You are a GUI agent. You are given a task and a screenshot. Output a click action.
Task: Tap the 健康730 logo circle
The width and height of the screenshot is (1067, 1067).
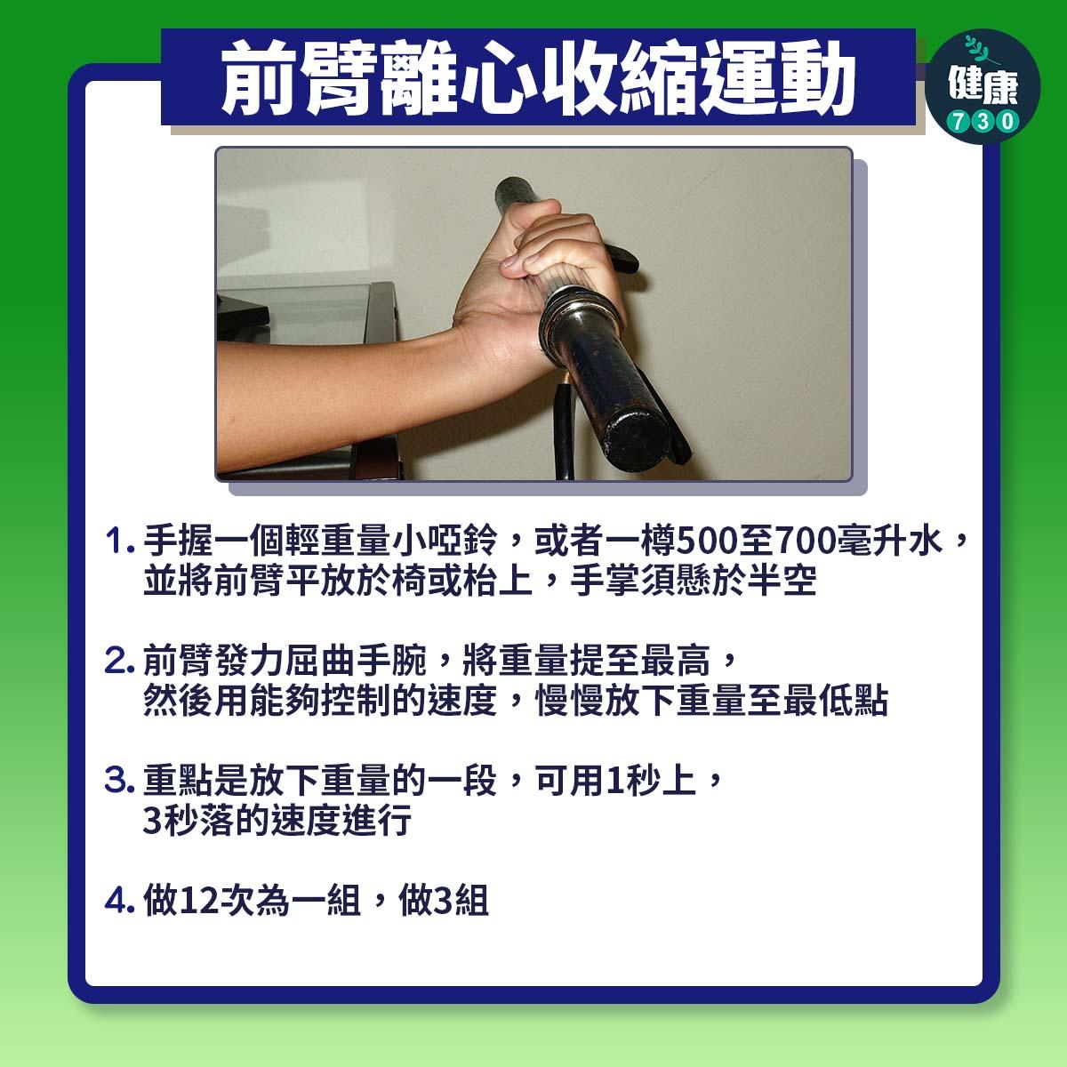(x=982, y=85)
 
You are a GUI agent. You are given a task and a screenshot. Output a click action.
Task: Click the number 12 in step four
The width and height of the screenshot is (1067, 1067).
(x=199, y=902)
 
